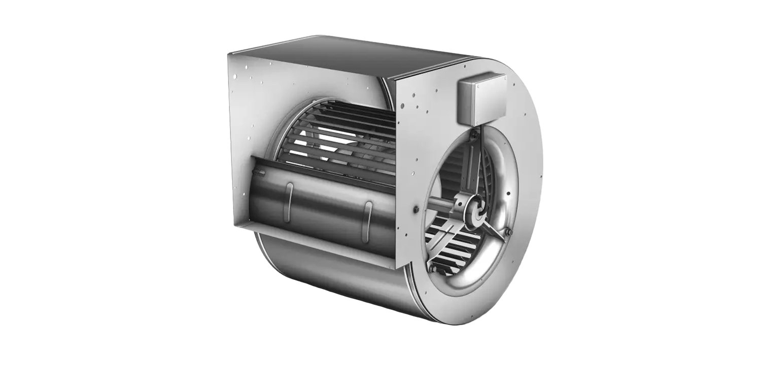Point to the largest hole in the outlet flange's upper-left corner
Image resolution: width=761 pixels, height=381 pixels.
point(235,76)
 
